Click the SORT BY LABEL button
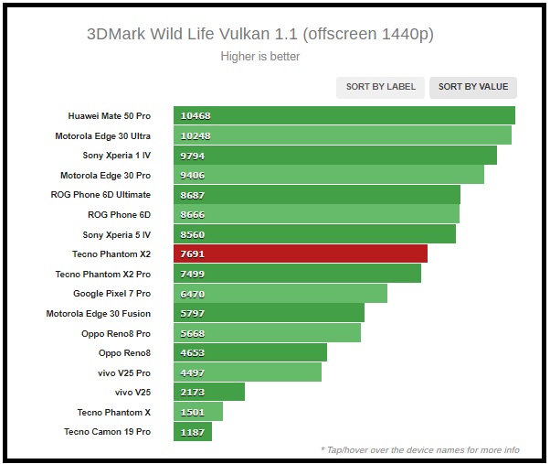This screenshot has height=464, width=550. click(x=380, y=87)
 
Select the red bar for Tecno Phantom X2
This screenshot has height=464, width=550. click(x=301, y=254)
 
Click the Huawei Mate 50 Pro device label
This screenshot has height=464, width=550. click(x=110, y=116)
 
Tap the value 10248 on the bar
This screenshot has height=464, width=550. click(x=196, y=135)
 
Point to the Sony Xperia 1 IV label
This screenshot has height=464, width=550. click(x=117, y=156)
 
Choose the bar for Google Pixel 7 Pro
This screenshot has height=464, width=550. click(x=280, y=294)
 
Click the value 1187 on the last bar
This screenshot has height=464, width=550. click(x=193, y=432)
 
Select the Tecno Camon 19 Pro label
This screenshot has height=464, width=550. click(x=107, y=432)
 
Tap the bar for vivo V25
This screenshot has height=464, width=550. click(x=209, y=392)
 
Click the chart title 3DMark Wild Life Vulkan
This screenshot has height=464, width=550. click(x=260, y=35)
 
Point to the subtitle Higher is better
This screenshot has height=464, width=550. click(x=260, y=57)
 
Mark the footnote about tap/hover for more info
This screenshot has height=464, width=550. click(x=419, y=449)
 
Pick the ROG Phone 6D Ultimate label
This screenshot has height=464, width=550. click(x=100, y=195)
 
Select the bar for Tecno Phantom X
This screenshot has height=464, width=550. click(x=198, y=412)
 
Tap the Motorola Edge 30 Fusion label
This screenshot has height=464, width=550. click(x=99, y=313)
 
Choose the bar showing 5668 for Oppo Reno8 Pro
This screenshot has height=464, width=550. click(x=267, y=333)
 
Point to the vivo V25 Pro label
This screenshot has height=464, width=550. click(x=118, y=372)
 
